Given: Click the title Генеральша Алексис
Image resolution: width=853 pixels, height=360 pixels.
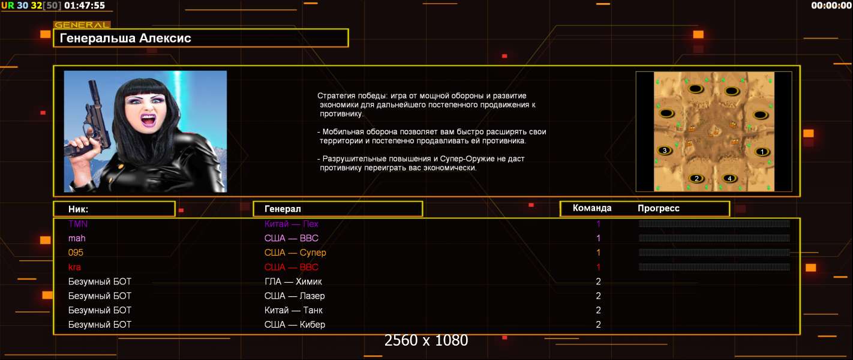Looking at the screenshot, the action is (125, 38).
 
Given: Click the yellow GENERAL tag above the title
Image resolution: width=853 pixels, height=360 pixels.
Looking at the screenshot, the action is (82, 25).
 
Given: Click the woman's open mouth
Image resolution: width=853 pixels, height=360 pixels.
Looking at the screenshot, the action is (149, 120).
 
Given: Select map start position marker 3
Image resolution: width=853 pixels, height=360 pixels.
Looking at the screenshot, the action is (665, 151).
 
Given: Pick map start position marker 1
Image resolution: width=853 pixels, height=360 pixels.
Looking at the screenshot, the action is (762, 152).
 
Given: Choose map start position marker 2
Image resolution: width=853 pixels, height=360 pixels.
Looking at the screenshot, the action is (696, 178).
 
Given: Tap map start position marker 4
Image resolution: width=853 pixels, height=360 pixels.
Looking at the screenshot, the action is (729, 178).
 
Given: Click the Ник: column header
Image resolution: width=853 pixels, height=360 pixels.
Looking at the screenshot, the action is (78, 209).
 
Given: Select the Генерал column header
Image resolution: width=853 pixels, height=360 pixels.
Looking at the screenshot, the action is (283, 209).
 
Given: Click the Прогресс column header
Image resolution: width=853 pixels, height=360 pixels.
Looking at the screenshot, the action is (659, 208).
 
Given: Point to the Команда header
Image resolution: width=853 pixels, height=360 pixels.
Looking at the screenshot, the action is (592, 208).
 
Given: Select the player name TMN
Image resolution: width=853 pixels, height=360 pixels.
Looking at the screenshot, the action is (78, 224).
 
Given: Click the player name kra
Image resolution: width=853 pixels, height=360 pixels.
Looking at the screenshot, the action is (74, 267).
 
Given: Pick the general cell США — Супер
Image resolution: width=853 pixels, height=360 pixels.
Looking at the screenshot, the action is (295, 253).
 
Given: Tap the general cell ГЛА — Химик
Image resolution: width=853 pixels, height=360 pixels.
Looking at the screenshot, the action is (293, 281).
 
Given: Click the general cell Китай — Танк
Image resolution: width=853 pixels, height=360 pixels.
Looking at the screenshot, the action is (293, 310).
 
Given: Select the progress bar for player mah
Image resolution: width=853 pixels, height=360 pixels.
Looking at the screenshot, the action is (714, 238).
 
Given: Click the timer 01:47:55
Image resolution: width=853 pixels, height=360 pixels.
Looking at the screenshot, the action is (85, 5).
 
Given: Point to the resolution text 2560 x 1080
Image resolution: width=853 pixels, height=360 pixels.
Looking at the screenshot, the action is (426, 340).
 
